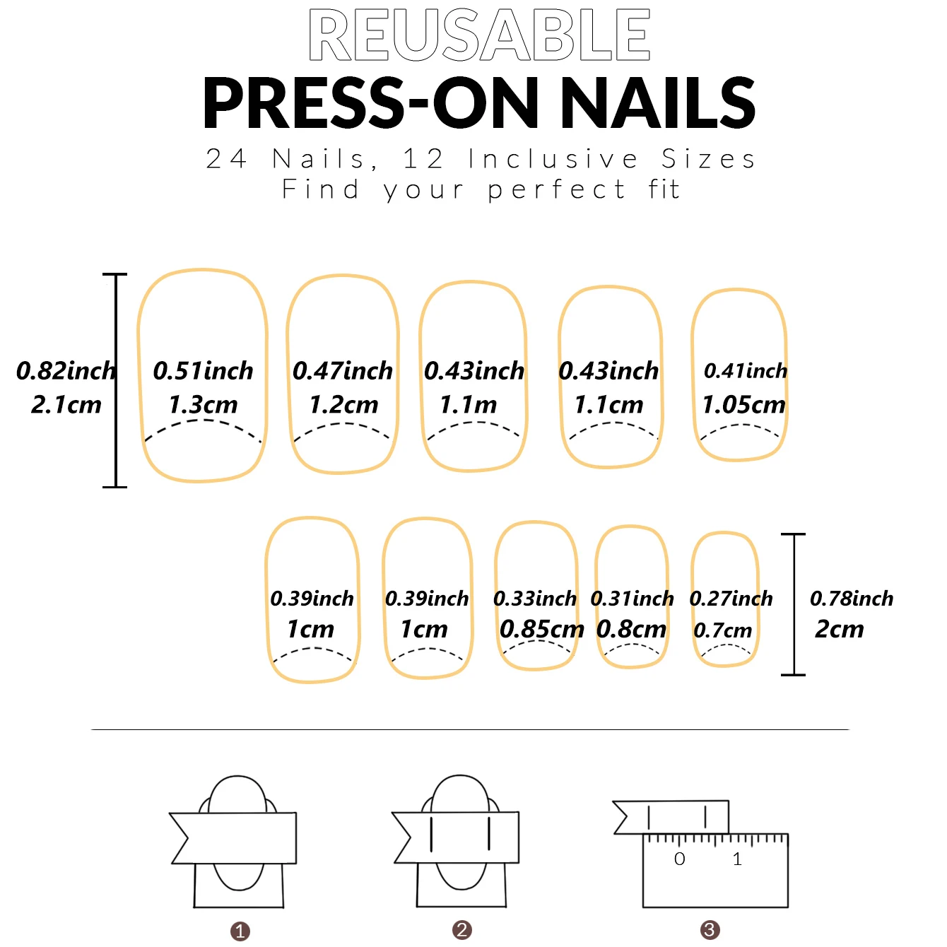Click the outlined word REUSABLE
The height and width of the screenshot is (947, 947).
click(479, 35)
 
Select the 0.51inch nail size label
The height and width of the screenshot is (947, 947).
click(203, 370)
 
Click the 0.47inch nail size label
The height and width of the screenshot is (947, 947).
click(343, 370)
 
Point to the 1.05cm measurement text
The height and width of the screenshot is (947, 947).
click(743, 405)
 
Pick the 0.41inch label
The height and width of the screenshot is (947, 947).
click(746, 370)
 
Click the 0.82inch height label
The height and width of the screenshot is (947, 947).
click(66, 370)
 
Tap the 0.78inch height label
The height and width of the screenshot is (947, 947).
click(852, 599)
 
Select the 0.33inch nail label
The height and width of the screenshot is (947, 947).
click(535, 599)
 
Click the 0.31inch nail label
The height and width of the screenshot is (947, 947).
click(632, 599)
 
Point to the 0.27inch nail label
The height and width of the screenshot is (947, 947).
click(731, 599)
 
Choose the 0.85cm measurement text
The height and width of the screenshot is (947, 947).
click(541, 629)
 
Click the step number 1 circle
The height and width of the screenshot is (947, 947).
click(240, 931)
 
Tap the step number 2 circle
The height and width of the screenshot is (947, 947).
click(462, 930)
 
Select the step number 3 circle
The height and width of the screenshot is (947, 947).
click(710, 930)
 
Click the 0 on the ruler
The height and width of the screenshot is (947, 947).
click(679, 859)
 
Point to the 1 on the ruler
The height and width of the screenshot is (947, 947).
click(737, 859)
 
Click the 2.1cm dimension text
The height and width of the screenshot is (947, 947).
click(66, 405)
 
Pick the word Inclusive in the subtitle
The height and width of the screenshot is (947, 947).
click(553, 159)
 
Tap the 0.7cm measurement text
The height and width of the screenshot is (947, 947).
click(722, 630)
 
